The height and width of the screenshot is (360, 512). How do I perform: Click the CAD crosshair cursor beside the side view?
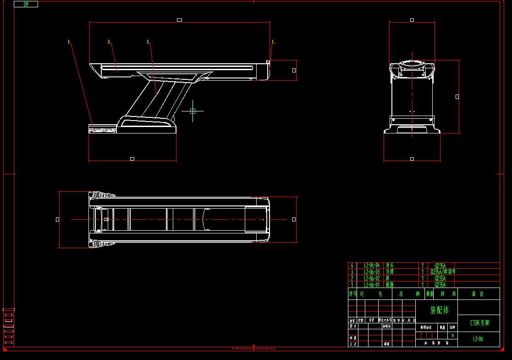(x=193, y=111)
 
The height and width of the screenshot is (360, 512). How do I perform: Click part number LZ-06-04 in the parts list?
(x=372, y=266)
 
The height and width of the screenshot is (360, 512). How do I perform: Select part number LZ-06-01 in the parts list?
(x=372, y=285)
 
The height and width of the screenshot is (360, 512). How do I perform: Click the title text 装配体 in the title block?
(x=439, y=310)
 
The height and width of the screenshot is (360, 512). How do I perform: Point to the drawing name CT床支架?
(x=479, y=323)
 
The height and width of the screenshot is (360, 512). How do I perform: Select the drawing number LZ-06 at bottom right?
(x=478, y=339)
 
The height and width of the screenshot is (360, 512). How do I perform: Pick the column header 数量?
(x=429, y=294)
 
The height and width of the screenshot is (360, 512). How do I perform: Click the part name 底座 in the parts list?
(x=390, y=285)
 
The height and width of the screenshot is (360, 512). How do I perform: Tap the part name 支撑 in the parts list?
(x=390, y=272)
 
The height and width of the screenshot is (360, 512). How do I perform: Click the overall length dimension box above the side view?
(x=179, y=20)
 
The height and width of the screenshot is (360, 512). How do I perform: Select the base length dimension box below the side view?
(x=132, y=159)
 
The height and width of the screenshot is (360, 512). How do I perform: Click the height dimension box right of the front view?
(x=457, y=97)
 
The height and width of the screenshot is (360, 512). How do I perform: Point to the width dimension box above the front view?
(x=412, y=20)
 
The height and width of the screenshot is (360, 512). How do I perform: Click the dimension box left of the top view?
(x=57, y=219)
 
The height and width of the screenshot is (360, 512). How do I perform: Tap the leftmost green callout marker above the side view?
(x=69, y=42)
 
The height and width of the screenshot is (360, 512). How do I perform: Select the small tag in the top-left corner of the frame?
(x=26, y=4)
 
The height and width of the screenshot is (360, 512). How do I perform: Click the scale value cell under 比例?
(x=452, y=335)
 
